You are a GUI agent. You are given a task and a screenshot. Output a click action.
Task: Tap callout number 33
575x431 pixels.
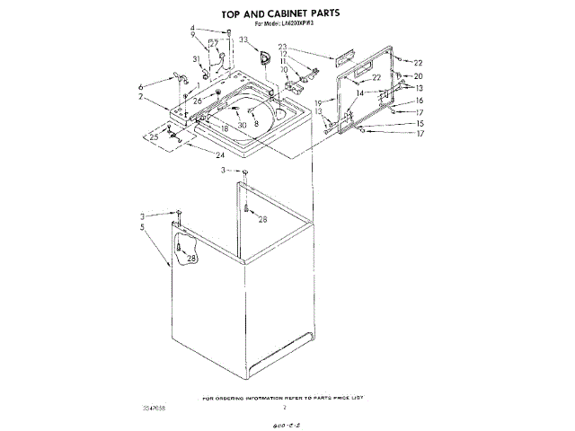tap(243, 40)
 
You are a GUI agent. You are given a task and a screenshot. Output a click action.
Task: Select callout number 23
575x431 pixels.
tap(282, 47)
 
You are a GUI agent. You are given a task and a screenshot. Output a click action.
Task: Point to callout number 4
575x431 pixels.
tap(192, 30)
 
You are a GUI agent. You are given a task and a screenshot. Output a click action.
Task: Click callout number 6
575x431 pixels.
tap(141, 87)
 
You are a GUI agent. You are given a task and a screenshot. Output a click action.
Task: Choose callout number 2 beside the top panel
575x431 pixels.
tap(141, 96)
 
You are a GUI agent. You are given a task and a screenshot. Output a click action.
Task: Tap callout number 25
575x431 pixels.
tap(154, 136)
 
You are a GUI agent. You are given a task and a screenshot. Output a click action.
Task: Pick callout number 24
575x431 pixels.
tap(220, 154)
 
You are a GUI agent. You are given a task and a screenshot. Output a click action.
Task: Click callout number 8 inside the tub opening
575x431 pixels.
tap(255, 121)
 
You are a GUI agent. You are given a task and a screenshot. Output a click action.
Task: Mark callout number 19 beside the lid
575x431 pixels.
tap(317, 103)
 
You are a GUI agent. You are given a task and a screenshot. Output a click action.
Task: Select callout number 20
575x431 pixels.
tap(418, 76)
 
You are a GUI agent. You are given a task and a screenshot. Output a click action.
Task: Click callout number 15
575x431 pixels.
tap(419, 123)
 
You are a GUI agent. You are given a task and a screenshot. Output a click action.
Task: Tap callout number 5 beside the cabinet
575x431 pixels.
tap(142, 227)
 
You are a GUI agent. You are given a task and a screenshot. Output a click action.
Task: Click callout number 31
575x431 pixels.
tap(196, 59)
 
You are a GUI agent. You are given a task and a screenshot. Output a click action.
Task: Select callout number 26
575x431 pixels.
tap(198, 101)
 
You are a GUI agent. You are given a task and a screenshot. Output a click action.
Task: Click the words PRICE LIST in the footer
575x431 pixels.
tap(353, 396)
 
